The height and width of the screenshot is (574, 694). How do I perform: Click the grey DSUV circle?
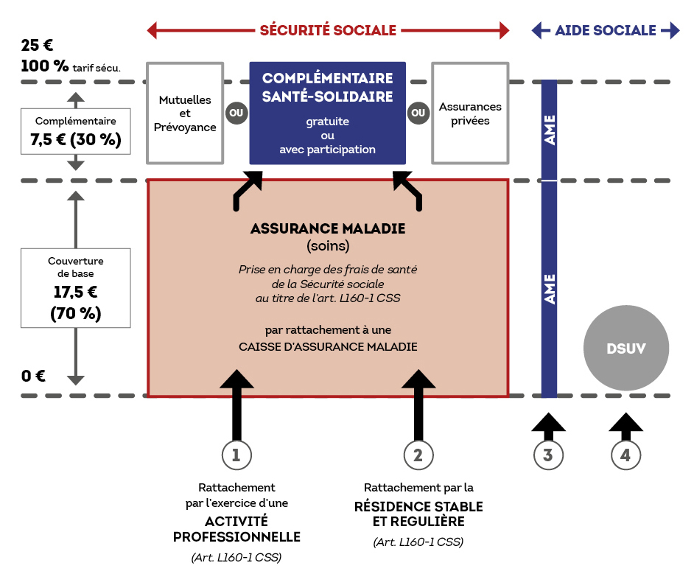pyautogui.click(x=625, y=349)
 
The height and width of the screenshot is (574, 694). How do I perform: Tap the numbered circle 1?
pyautogui.click(x=236, y=455)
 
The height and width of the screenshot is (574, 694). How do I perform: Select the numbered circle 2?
pyautogui.click(x=418, y=455)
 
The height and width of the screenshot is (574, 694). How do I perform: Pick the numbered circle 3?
pyautogui.click(x=548, y=455)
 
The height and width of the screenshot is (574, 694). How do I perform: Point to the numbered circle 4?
pyautogui.click(x=625, y=455)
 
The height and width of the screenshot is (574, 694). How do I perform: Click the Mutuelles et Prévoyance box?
pyautogui.click(x=185, y=113)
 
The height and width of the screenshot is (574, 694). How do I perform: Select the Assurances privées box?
pyautogui.click(x=470, y=113)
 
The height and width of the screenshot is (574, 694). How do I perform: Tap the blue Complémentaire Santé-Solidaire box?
pyautogui.click(x=327, y=113)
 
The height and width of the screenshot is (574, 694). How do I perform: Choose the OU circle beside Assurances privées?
pyautogui.click(x=418, y=113)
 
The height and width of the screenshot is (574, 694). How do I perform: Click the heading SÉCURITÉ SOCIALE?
pyautogui.click(x=328, y=30)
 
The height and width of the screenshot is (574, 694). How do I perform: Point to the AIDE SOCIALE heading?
pyautogui.click(x=605, y=30)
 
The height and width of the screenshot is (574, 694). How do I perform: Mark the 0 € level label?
pyautogui.click(x=33, y=376)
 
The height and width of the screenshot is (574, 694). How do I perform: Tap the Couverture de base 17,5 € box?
pyautogui.click(x=76, y=287)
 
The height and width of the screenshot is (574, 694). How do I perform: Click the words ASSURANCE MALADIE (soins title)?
pyautogui.click(x=328, y=228)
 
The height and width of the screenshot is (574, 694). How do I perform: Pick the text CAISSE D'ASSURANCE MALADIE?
pyautogui.click(x=328, y=346)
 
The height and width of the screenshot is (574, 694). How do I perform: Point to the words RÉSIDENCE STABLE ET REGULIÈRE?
pyautogui.click(x=418, y=514)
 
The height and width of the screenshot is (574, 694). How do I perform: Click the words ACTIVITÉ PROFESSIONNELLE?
pyautogui.click(x=236, y=529)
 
